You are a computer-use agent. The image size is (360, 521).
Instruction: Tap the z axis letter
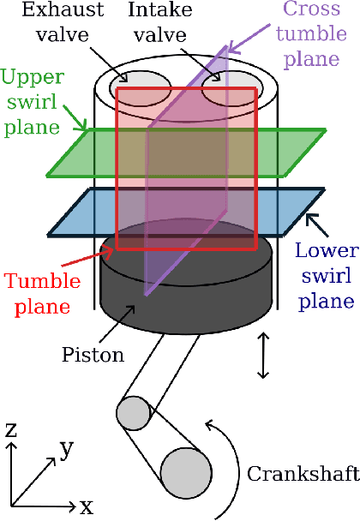pos(11,429)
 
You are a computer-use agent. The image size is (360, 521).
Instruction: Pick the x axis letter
pos(86,506)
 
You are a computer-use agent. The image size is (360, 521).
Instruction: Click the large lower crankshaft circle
pos(185,471)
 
